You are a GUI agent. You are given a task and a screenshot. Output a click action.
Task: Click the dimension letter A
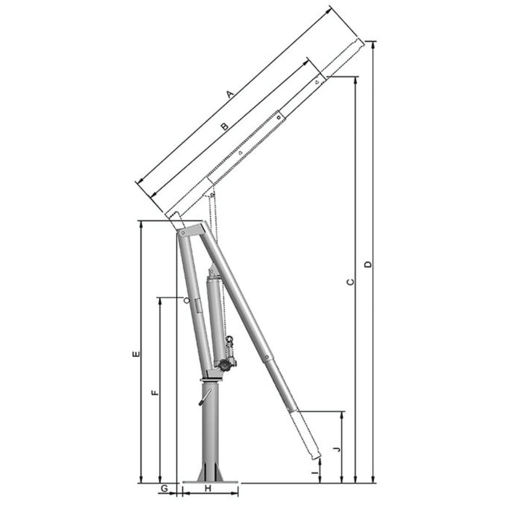230,94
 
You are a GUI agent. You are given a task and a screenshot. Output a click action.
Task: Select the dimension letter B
224,127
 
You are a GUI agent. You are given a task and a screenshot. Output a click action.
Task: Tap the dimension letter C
351,282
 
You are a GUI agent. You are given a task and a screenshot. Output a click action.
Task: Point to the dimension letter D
368,264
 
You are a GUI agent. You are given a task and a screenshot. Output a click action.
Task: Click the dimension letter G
165,489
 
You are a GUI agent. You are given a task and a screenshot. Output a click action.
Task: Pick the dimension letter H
208,488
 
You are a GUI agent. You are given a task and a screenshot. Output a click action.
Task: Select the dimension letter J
337,449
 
